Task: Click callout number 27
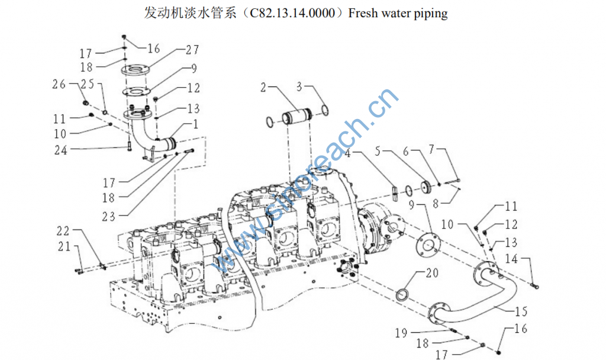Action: (x=191, y=50)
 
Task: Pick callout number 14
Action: (x=511, y=259)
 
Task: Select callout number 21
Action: (x=64, y=246)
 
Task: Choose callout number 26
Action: (x=59, y=84)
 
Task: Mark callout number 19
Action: (x=401, y=333)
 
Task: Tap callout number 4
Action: (x=349, y=153)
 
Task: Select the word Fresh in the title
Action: (x=363, y=13)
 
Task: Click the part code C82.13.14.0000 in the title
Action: (x=295, y=13)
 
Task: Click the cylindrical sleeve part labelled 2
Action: (x=296, y=118)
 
